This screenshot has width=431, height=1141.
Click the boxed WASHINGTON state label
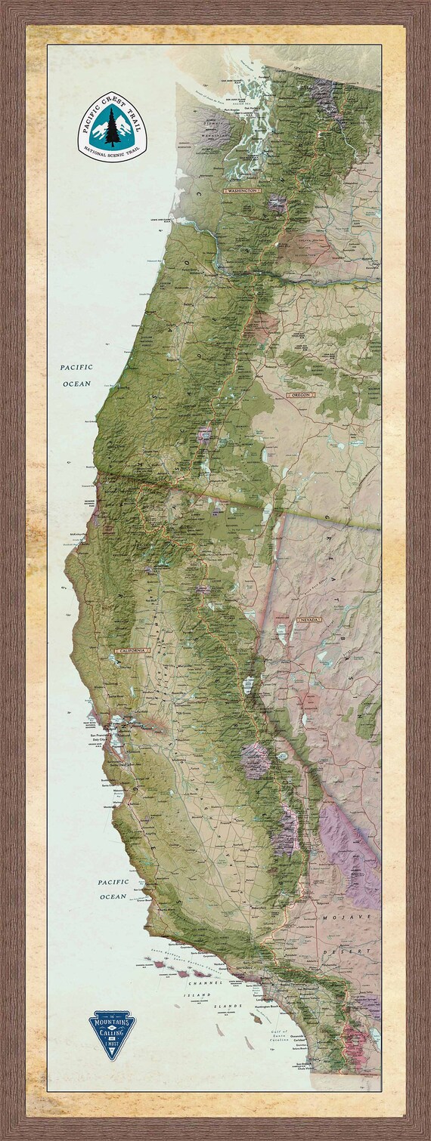[241, 192]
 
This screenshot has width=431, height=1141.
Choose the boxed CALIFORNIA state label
[132, 649]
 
